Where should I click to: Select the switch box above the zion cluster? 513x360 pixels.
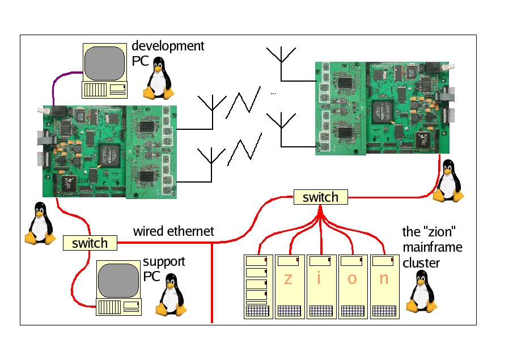pyautogui.click(x=320, y=197)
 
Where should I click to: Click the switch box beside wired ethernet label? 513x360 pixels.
pyautogui.click(x=90, y=243)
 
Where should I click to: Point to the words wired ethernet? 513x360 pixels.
pyautogui.click(x=173, y=231)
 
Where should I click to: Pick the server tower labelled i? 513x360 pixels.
pyautogui.click(x=321, y=286)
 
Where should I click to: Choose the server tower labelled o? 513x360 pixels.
pyautogui.click(x=353, y=286)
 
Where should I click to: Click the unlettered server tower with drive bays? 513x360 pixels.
pyautogui.click(x=257, y=286)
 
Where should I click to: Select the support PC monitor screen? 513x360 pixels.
pyautogui.click(x=118, y=279)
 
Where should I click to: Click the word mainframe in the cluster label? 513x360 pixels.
pyautogui.click(x=432, y=247)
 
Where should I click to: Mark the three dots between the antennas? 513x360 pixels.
pyautogui.click(x=273, y=92)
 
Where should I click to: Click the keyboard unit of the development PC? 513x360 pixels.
pyautogui.click(x=105, y=90)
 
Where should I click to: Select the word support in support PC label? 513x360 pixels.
pyautogui.click(x=164, y=262)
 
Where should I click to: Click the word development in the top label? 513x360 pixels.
pyautogui.click(x=168, y=46)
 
